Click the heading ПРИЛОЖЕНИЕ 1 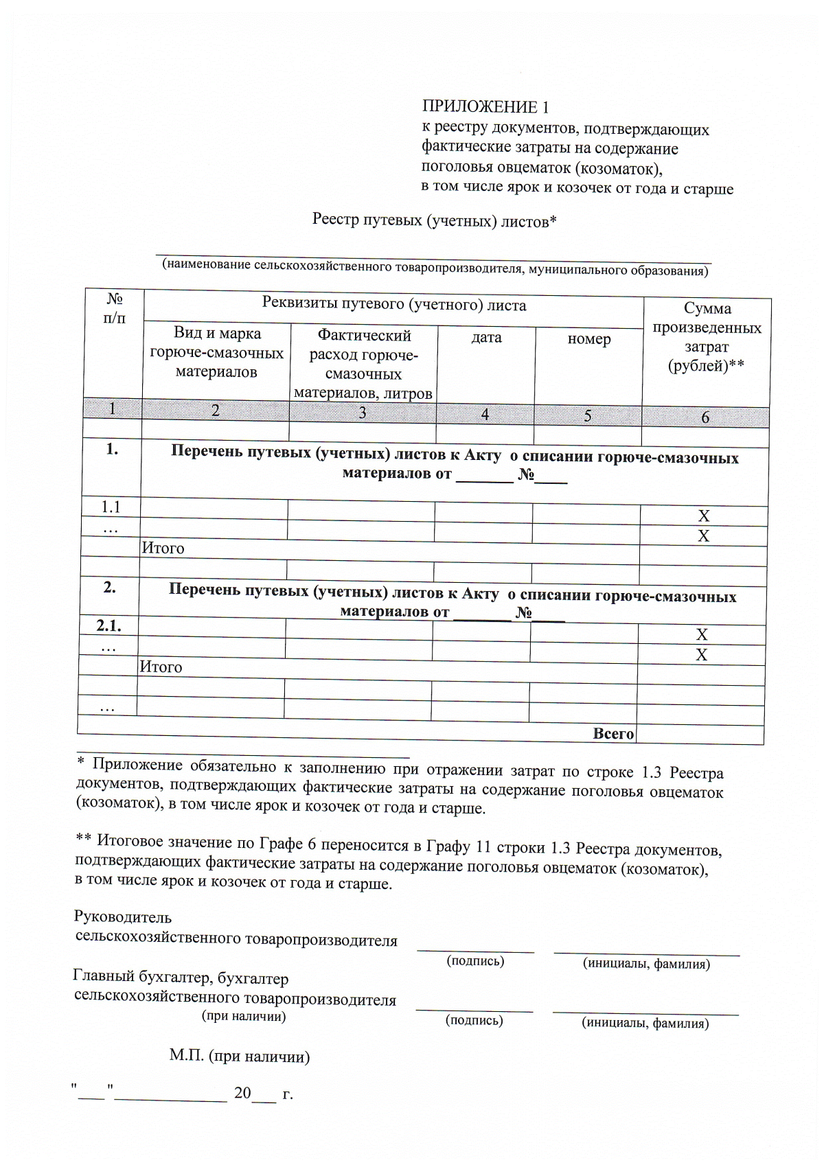(485, 107)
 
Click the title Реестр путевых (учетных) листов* (434, 220)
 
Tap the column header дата (486, 338)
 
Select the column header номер (589, 339)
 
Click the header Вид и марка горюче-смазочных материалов (217, 353)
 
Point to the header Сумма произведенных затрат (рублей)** (707, 337)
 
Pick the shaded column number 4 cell (485, 414)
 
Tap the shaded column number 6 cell (705, 417)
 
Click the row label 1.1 (111, 507)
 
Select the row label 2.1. (108, 625)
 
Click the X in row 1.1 (703, 516)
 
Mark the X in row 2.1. (701, 634)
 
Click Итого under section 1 (163, 548)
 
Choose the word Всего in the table (613, 734)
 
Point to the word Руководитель (122, 917)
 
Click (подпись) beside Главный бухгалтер (474, 1020)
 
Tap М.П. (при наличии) (240, 1056)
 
